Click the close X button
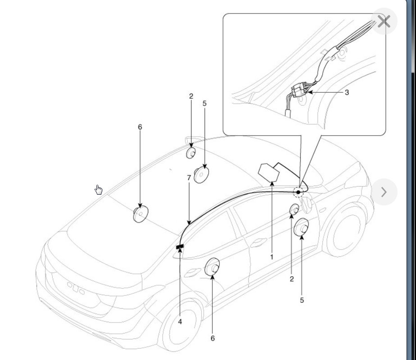(x=384, y=21)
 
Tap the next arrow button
(x=384, y=192)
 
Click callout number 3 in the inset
(x=347, y=92)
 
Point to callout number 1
(x=272, y=257)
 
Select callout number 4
(x=180, y=322)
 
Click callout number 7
(x=189, y=178)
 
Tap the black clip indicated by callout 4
(x=180, y=246)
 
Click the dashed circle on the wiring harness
(x=298, y=192)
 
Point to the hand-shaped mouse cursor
(x=99, y=190)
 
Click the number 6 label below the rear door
(x=213, y=338)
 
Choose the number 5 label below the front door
(x=302, y=300)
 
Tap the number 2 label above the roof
(x=191, y=96)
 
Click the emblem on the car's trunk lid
(x=76, y=287)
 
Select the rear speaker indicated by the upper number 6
(x=141, y=214)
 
